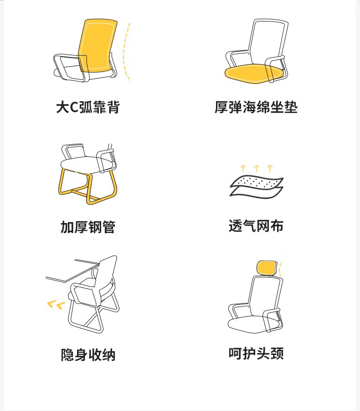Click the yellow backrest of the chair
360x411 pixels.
click(98, 45)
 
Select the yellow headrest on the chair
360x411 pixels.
click(267, 267)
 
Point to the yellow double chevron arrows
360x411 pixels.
click(56, 305)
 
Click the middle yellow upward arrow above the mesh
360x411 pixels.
click(257, 168)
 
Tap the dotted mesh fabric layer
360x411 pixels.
click(257, 182)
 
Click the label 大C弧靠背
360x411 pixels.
click(88, 107)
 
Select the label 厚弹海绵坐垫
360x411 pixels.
click(256, 107)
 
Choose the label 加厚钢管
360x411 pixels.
click(87, 227)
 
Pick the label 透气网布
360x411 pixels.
click(256, 226)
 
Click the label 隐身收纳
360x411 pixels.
click(88, 355)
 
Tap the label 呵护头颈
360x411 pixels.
click(256, 353)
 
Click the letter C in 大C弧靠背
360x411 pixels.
click(74, 107)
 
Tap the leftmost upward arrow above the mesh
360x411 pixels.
click(243, 168)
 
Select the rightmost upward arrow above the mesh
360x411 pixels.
click(270, 168)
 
